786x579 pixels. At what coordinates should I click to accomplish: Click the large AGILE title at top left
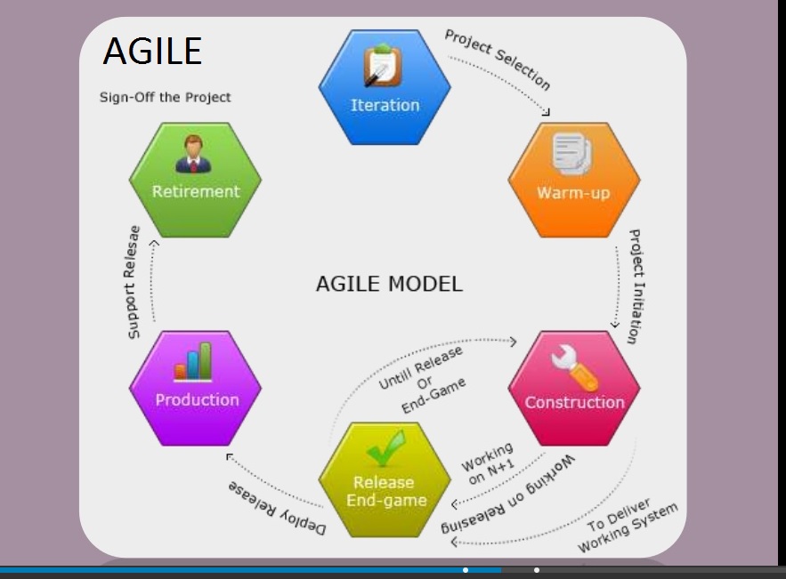[152, 51]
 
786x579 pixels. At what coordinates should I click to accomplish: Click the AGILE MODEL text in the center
[389, 284]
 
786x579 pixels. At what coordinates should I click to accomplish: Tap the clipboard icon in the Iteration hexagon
[383, 65]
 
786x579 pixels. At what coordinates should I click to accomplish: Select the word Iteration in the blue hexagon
[385, 105]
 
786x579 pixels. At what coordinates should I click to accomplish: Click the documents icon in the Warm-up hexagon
[572, 154]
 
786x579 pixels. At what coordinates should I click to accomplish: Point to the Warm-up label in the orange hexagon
[573, 193]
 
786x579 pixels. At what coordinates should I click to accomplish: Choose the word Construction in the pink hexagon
[574, 402]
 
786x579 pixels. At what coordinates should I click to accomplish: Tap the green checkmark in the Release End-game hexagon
[385, 448]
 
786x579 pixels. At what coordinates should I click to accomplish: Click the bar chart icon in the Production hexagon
[193, 362]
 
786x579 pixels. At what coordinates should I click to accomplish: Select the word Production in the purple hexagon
[197, 399]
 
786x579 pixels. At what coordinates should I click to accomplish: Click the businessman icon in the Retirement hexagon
[193, 154]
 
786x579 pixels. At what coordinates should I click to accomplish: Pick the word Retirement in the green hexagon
[196, 191]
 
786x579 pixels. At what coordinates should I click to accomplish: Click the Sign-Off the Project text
[165, 97]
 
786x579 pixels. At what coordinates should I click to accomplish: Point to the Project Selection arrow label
[498, 60]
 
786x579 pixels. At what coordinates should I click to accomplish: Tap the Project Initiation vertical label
[636, 286]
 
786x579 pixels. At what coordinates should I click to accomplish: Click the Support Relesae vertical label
[132, 283]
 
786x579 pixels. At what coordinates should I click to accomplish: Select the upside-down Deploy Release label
[277, 508]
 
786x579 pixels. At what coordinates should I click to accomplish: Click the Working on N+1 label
[488, 463]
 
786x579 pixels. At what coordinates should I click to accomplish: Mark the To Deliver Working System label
[627, 526]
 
